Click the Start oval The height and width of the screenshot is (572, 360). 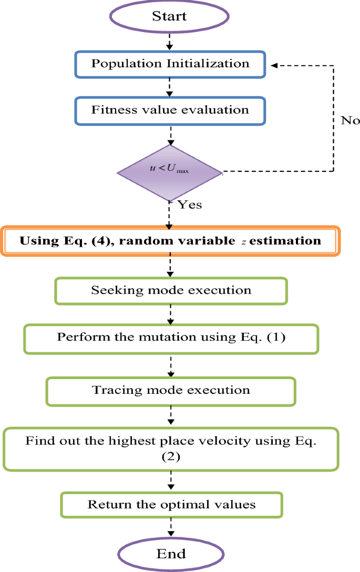click(x=169, y=16)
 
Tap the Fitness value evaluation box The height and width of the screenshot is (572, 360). click(x=170, y=111)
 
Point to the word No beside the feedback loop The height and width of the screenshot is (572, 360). click(x=350, y=120)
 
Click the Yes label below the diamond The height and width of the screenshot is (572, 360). click(x=189, y=205)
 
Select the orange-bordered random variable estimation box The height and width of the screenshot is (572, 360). click(x=170, y=241)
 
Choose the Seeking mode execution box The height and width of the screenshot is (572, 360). click(x=171, y=291)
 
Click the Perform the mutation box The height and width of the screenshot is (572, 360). click(x=171, y=338)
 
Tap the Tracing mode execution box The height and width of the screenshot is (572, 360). click(x=171, y=391)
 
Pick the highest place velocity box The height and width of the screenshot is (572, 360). click(x=171, y=448)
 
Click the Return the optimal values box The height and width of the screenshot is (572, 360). click(x=171, y=505)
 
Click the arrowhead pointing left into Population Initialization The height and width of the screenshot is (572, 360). click(x=274, y=66)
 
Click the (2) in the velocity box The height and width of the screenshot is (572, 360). click(x=171, y=457)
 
